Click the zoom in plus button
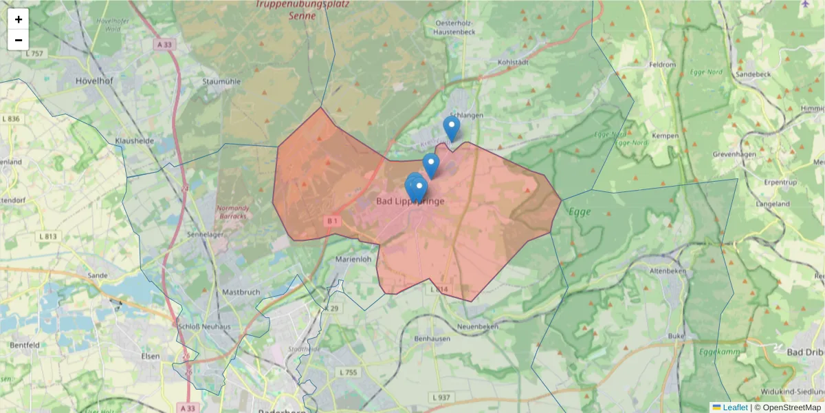tap(19, 19)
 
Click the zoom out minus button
tap(19, 40)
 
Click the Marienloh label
tap(353, 260)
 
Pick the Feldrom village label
tap(663, 65)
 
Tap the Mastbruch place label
tap(239, 292)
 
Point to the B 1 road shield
tap(333, 221)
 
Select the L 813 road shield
tap(48, 236)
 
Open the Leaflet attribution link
tap(735, 407)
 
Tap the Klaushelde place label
tap(135, 140)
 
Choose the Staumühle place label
tap(221, 81)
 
